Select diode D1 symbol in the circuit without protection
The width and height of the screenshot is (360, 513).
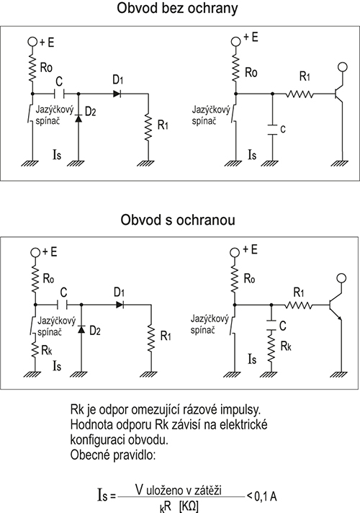pyautogui.click(x=117, y=94)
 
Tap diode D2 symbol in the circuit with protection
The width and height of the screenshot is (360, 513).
pyautogui.click(x=81, y=329)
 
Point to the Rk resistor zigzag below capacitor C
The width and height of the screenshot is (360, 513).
pyautogui.click(x=271, y=346)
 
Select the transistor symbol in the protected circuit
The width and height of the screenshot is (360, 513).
pyautogui.click(x=337, y=305)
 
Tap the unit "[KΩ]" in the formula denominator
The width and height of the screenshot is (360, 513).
pyautogui.click(x=189, y=507)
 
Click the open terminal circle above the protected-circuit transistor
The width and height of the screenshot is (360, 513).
pyautogui.click(x=341, y=278)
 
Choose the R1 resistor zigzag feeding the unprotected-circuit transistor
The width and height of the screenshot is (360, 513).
pyautogui.click(x=300, y=94)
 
